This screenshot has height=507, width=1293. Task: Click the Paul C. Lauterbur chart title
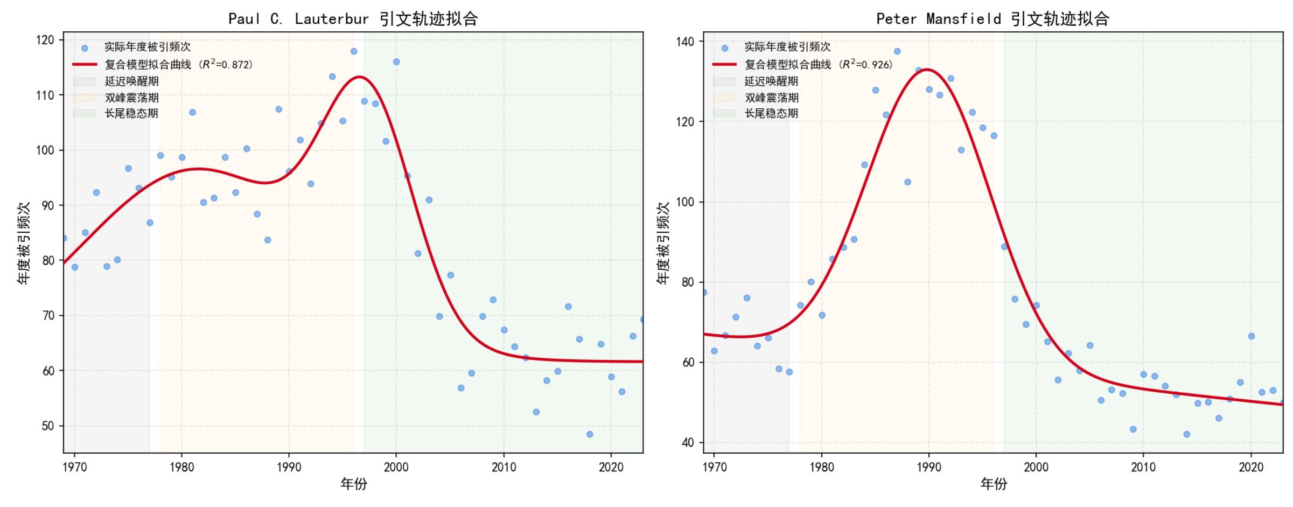coord(353,19)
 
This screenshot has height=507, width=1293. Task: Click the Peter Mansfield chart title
coord(993,19)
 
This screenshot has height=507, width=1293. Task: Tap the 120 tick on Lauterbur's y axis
coord(45,40)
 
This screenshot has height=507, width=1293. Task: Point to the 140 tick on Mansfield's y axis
coord(685,41)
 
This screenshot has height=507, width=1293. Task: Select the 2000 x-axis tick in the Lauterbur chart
coord(396,467)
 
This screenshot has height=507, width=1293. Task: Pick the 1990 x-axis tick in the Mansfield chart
coord(929,467)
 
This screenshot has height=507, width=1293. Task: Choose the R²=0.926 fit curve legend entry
coord(802,64)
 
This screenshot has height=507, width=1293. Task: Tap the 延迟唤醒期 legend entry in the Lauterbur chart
coord(116,81)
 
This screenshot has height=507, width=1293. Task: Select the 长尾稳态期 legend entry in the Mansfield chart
coord(756,113)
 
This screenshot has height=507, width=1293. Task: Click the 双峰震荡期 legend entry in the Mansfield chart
coord(756,98)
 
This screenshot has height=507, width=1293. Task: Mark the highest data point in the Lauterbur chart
coord(354,51)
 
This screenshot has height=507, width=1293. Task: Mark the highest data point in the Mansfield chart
coord(897,51)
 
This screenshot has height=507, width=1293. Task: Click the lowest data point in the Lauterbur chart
coord(590,434)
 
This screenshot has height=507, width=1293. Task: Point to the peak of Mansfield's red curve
coord(927,69)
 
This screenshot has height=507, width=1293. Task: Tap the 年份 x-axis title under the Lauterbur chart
coord(353,484)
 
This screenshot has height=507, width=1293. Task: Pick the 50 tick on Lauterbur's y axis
coord(48,426)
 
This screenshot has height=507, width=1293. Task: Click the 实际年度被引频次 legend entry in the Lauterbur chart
coord(131,47)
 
